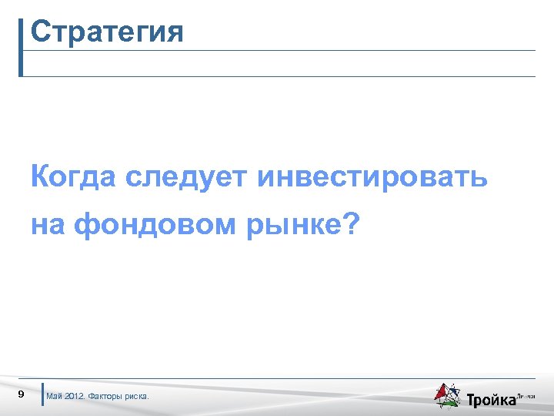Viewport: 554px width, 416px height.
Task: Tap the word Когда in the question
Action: point(73,177)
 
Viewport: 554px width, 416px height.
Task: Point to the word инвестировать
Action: point(373,177)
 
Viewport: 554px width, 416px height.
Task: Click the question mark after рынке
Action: point(350,225)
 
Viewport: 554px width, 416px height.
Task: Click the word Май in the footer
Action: point(55,397)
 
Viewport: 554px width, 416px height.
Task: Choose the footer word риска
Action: point(139,397)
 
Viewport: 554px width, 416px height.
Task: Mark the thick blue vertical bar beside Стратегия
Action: point(21,47)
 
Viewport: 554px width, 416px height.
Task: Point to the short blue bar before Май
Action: point(42,394)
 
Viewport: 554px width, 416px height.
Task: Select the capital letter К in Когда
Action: point(40,177)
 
